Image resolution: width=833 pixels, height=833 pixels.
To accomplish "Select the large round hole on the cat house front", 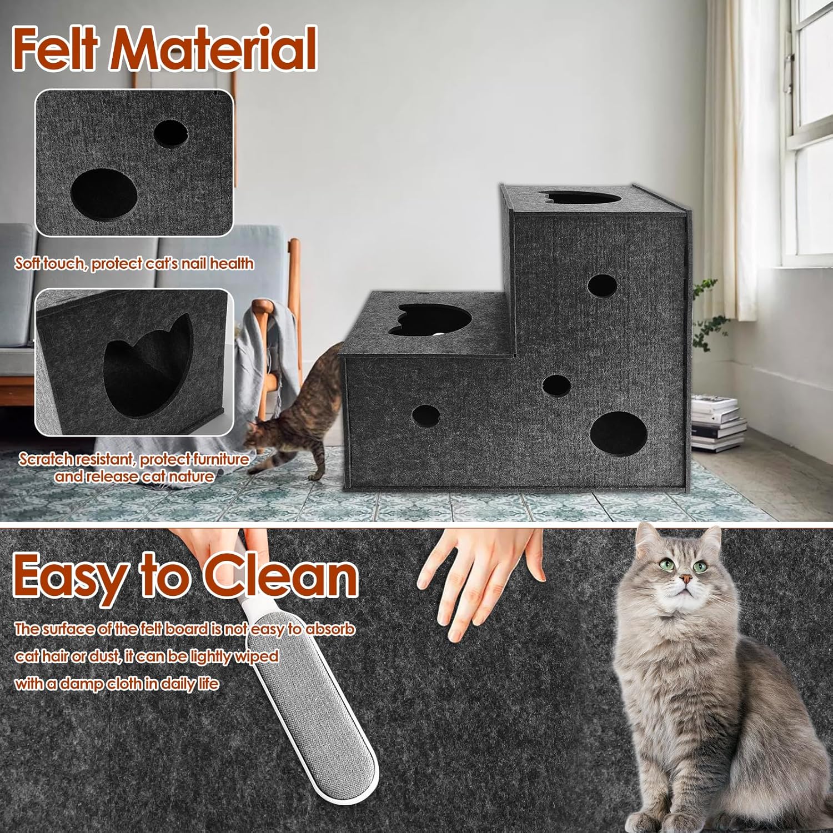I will pos(618,433).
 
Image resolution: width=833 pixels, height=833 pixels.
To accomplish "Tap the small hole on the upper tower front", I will pos(602,285).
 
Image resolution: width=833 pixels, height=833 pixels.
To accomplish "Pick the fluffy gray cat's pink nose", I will pos(687,579).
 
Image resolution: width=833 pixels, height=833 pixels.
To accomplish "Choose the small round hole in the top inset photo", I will pos(170,133).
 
